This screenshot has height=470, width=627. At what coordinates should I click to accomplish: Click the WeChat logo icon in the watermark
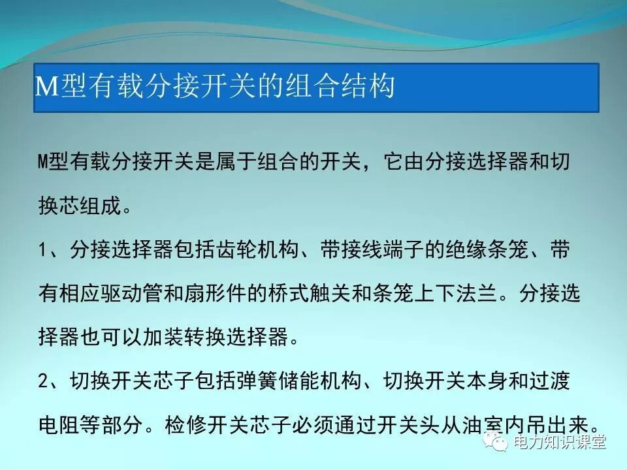tap(501, 443)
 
